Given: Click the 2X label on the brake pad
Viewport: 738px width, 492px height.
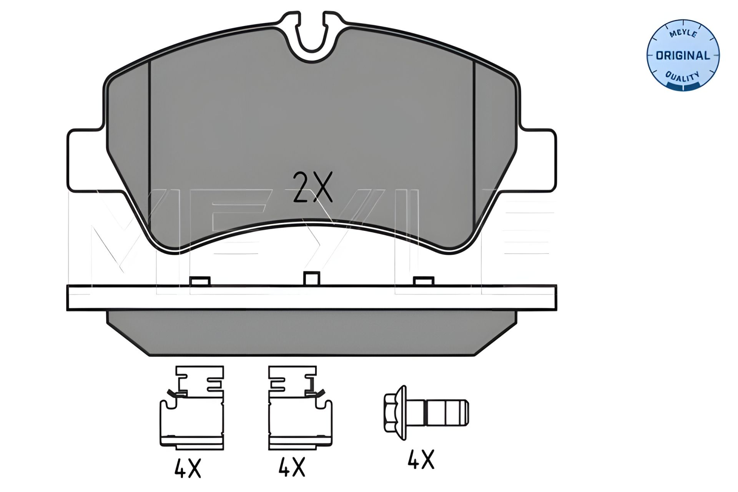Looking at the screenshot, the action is (312, 187).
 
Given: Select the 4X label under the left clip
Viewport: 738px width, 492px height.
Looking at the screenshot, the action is (188, 467).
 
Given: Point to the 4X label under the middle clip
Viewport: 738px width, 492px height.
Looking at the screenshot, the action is (292, 467).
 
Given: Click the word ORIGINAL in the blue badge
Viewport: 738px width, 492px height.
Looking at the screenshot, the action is (683, 56).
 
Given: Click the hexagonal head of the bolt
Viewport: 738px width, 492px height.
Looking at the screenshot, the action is (395, 412).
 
